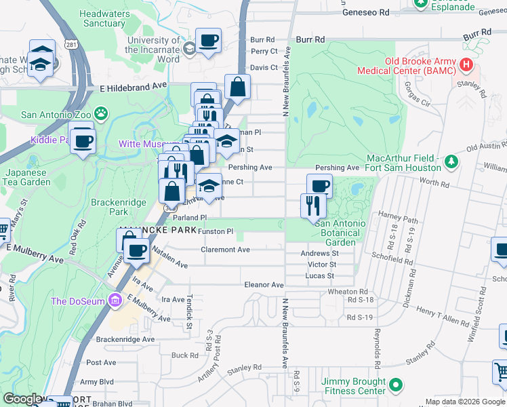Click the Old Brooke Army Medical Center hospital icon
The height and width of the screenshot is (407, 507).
(466, 66)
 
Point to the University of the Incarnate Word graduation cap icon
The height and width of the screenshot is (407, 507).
(189, 47)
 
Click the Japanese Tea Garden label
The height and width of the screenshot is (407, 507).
(25, 177)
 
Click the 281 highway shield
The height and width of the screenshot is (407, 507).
(70, 44)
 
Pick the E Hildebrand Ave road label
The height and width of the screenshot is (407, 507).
(133, 87)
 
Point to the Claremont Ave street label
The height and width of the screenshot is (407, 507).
(225, 250)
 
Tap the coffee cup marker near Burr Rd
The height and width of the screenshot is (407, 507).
(208, 40)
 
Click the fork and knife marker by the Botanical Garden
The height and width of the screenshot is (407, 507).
(312, 204)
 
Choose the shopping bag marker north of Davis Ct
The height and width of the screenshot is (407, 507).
(238, 87)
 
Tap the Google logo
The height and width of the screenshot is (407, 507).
(23, 400)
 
